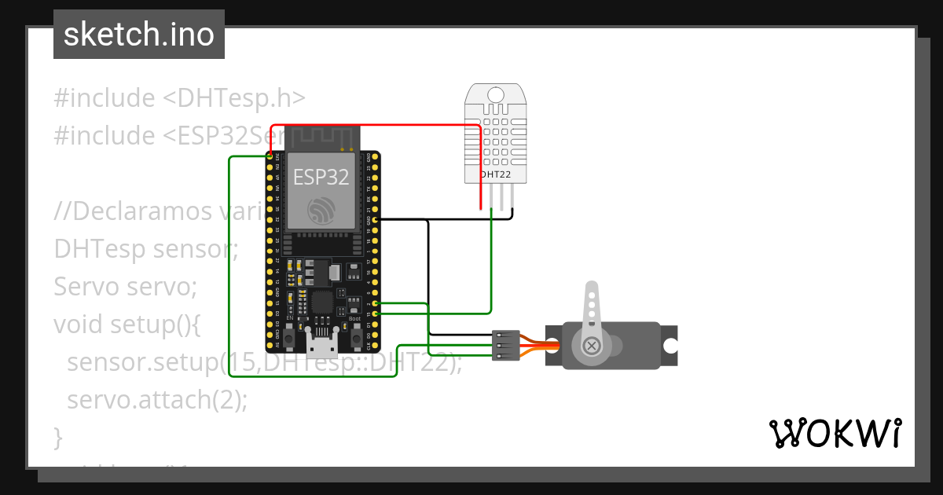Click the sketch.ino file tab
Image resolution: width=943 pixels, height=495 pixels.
(x=138, y=35)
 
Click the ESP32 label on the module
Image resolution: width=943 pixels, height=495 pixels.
(x=321, y=177)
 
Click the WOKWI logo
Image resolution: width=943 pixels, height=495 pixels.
(x=835, y=433)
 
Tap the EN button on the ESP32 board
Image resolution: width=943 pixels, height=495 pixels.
(x=290, y=338)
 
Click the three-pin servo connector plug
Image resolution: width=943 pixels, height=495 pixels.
(x=503, y=345)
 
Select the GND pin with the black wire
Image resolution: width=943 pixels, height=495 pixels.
(x=375, y=220)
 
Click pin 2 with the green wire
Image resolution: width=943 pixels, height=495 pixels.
(x=375, y=303)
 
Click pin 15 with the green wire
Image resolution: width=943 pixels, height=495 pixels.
(x=375, y=313)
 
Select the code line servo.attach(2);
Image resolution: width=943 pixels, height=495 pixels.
(x=157, y=399)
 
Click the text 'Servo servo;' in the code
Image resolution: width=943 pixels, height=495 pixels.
(x=125, y=286)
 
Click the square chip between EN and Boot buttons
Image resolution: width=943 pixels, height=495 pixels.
(x=322, y=302)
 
